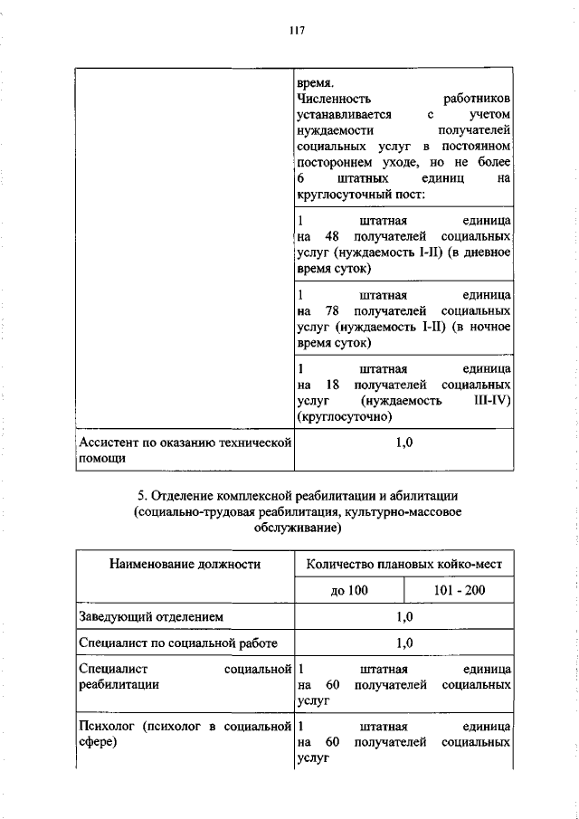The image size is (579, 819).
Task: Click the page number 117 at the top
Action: coord(296,31)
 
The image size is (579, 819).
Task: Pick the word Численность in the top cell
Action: coord(333,99)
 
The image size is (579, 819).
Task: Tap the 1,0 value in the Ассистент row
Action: coord(404,443)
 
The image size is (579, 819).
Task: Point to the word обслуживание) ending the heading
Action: coord(296,528)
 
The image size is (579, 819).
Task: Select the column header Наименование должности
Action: coord(185,564)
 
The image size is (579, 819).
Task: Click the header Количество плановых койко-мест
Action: coord(404,564)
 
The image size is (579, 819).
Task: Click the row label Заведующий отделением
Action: coord(151,617)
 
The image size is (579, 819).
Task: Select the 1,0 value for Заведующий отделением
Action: coord(404,617)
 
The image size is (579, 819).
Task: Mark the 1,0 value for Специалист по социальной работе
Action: coord(404,644)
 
